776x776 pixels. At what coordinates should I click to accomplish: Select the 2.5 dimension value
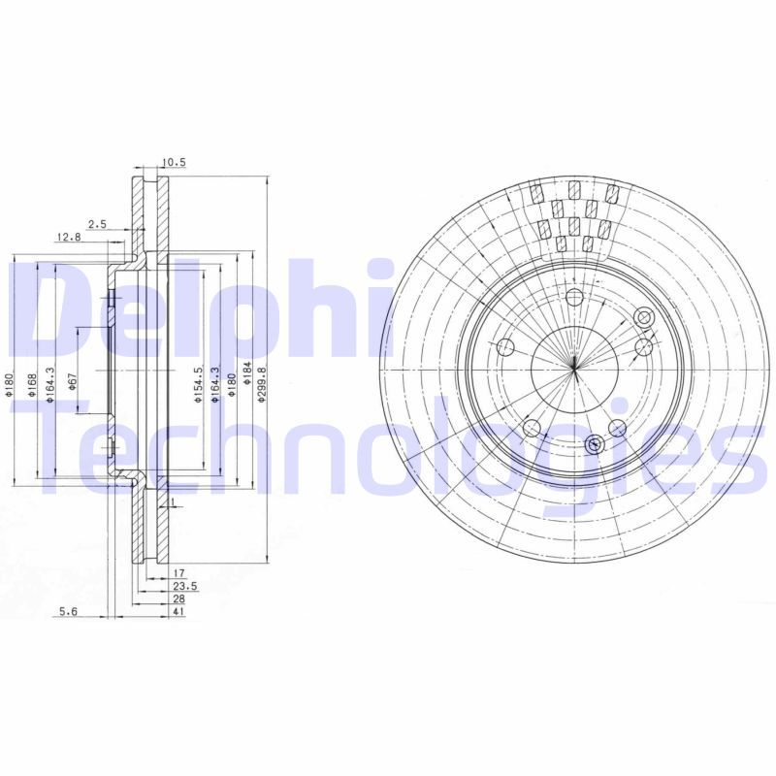tap(97, 224)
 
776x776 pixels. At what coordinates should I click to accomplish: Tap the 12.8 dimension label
tap(67, 238)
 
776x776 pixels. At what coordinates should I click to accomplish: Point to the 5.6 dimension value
tap(67, 610)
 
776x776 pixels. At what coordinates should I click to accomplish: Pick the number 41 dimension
tap(178, 613)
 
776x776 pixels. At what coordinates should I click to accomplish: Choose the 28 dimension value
tap(178, 600)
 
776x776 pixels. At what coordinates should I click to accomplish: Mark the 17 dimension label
tap(179, 573)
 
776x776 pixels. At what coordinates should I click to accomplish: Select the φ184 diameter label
tap(246, 372)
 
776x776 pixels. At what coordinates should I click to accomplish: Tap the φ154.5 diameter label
tap(197, 386)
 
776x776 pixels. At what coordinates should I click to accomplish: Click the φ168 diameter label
tap(32, 385)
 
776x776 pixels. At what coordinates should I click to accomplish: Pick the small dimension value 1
tap(172, 503)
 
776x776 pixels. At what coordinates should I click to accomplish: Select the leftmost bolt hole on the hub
tap(504, 347)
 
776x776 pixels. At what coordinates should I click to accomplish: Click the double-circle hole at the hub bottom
tap(595, 444)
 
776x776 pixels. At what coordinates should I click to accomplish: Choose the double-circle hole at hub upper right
tap(642, 317)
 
